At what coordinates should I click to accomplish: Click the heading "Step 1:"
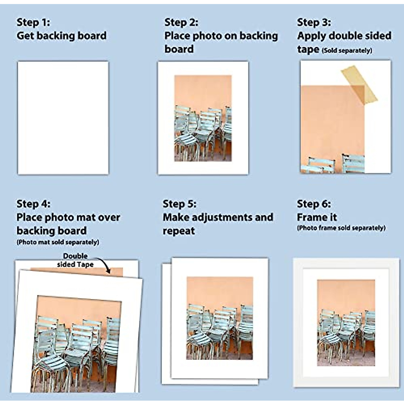(x=33, y=23)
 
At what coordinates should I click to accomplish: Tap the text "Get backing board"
(x=61, y=36)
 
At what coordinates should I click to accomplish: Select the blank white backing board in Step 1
(x=63, y=118)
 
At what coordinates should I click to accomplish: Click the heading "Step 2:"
(x=181, y=23)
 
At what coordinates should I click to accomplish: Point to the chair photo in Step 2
(x=203, y=118)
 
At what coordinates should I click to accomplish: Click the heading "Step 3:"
(x=314, y=23)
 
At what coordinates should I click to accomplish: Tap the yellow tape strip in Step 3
(x=359, y=84)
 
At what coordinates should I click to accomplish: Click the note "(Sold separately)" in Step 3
(x=347, y=50)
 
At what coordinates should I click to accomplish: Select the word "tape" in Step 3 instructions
(x=308, y=49)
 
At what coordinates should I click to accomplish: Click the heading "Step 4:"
(x=33, y=204)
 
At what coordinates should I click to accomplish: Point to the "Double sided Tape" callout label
(x=75, y=260)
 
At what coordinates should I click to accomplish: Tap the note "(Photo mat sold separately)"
(x=58, y=242)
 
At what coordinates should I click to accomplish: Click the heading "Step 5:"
(x=179, y=204)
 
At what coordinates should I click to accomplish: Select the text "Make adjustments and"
(x=218, y=217)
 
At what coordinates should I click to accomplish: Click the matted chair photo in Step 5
(x=220, y=318)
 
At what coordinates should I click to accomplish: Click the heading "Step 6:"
(x=314, y=204)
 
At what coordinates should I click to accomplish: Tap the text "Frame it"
(x=317, y=217)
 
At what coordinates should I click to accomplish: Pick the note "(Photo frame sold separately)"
(x=341, y=228)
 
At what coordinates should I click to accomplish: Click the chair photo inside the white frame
(x=346, y=322)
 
